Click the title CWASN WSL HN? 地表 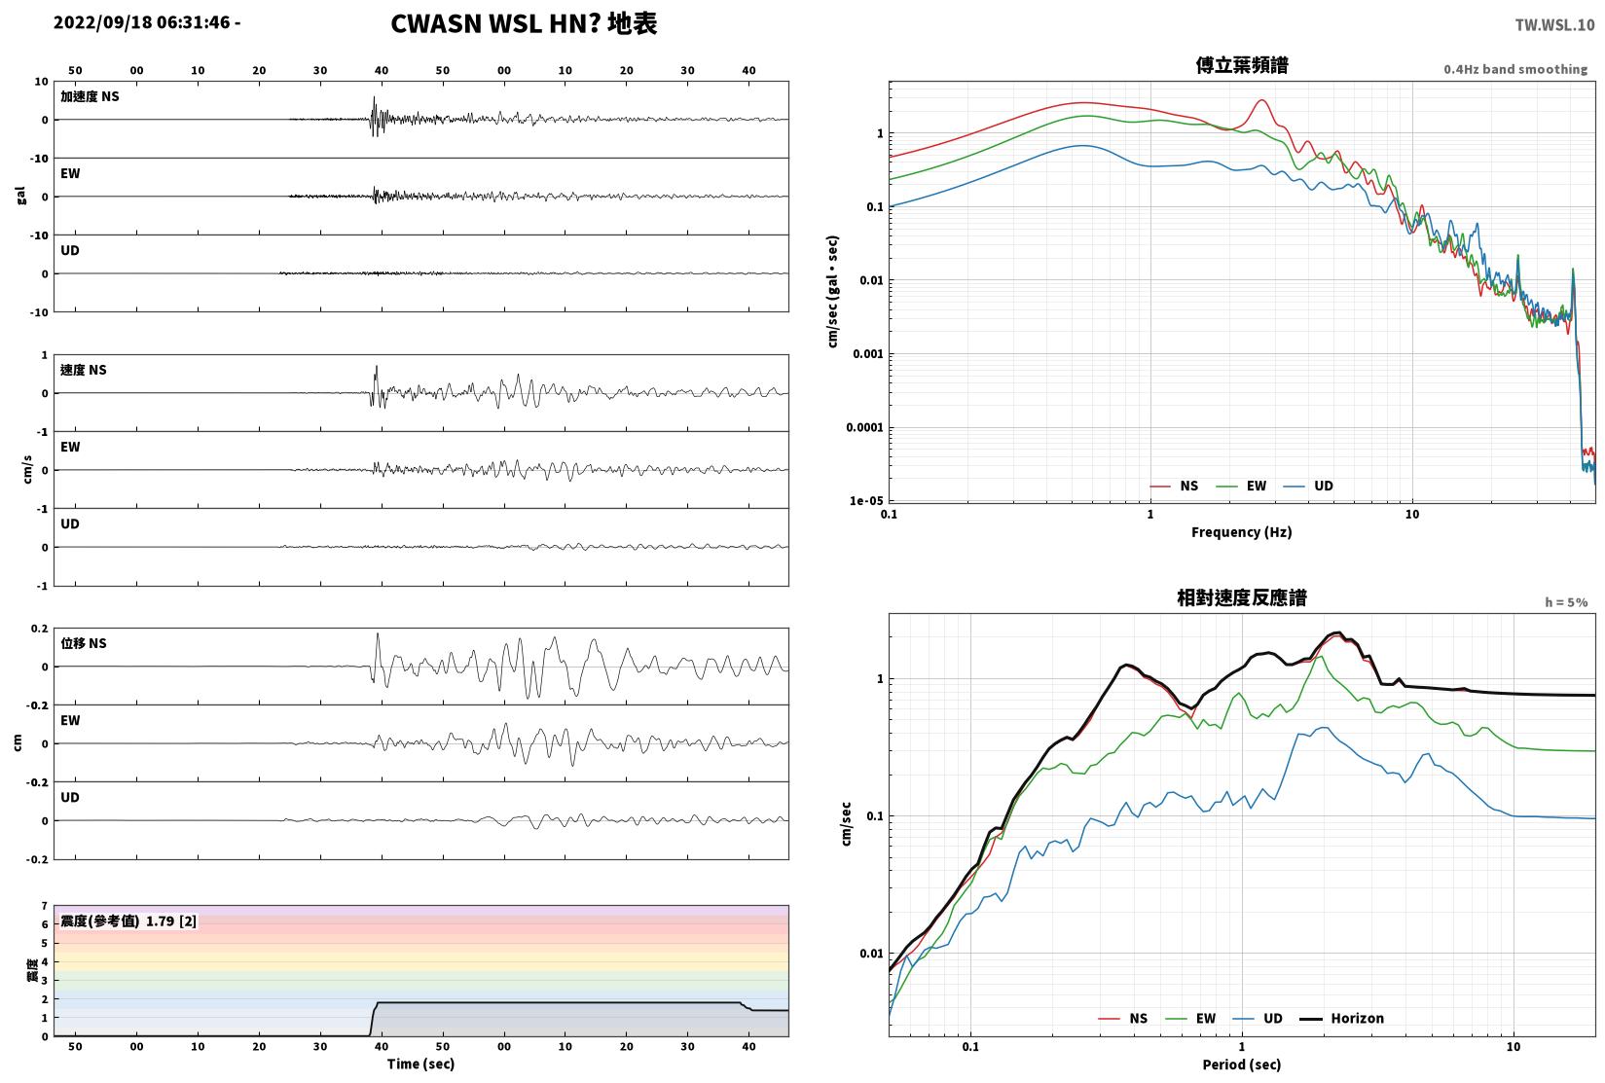tap(524, 23)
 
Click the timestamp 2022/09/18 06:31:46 tap(142, 22)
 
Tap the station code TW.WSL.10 tap(1554, 25)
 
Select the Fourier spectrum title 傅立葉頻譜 tap(1242, 65)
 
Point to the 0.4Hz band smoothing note tap(1515, 69)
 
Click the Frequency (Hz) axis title tap(1241, 532)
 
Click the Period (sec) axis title tap(1241, 1065)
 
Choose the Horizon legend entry tap(1342, 1019)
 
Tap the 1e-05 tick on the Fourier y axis tap(866, 501)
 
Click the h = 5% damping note tap(1566, 602)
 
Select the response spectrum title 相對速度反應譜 tap(1242, 597)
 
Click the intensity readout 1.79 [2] tap(171, 921)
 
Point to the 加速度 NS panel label tap(90, 96)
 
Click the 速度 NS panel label tap(83, 371)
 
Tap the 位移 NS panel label tap(83, 643)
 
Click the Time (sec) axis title tap(420, 1065)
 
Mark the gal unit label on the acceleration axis tap(20, 196)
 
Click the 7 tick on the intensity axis tap(45, 906)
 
